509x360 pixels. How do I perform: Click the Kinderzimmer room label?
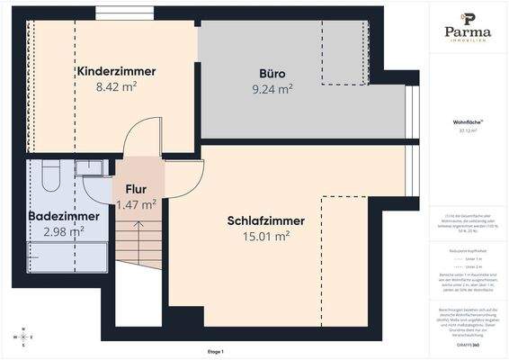pyautogui.click(x=116, y=71)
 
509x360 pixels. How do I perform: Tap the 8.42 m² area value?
pyautogui.click(x=116, y=88)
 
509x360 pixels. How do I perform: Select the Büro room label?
pyautogui.click(x=272, y=71)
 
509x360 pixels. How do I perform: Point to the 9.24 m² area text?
pyautogui.click(x=272, y=88)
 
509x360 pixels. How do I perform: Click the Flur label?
pyautogui.click(x=136, y=190)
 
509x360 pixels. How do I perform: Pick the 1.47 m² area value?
pyautogui.click(x=136, y=205)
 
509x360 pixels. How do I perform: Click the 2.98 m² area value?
pyautogui.click(x=64, y=232)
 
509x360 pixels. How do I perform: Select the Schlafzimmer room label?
pyautogui.click(x=265, y=220)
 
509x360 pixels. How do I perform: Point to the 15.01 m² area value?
pyautogui.click(x=265, y=238)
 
